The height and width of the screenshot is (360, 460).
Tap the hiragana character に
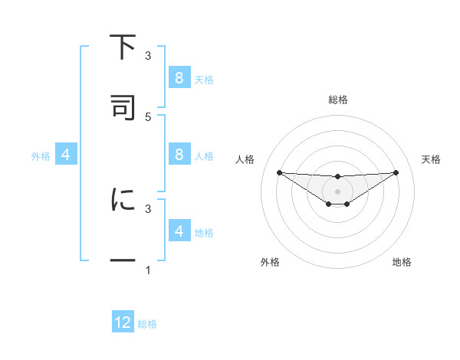[x=123, y=200]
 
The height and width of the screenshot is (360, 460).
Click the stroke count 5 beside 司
[x=148, y=116]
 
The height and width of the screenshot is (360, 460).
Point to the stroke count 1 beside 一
[x=148, y=270]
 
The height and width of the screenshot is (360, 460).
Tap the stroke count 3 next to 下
[x=148, y=56]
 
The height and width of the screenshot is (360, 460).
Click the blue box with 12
[x=123, y=322]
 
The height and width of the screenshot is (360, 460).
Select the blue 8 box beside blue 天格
[x=179, y=77]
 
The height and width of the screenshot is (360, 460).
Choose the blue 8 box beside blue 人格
[x=179, y=155]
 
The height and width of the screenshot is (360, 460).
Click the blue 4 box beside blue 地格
[x=179, y=231]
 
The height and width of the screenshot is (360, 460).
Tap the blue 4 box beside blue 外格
[x=65, y=155]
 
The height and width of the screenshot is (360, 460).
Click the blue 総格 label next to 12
[x=147, y=324]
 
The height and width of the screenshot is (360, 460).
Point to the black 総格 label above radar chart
[x=338, y=100]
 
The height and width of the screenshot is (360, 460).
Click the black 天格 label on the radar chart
[x=432, y=159]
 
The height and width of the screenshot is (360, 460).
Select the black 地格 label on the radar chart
[x=402, y=262]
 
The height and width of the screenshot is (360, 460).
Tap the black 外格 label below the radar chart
[x=270, y=262]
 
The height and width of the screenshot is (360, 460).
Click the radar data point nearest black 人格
[x=279, y=172]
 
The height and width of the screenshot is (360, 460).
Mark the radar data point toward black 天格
[x=396, y=172]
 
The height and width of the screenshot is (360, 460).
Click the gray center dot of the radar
[x=337, y=191]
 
